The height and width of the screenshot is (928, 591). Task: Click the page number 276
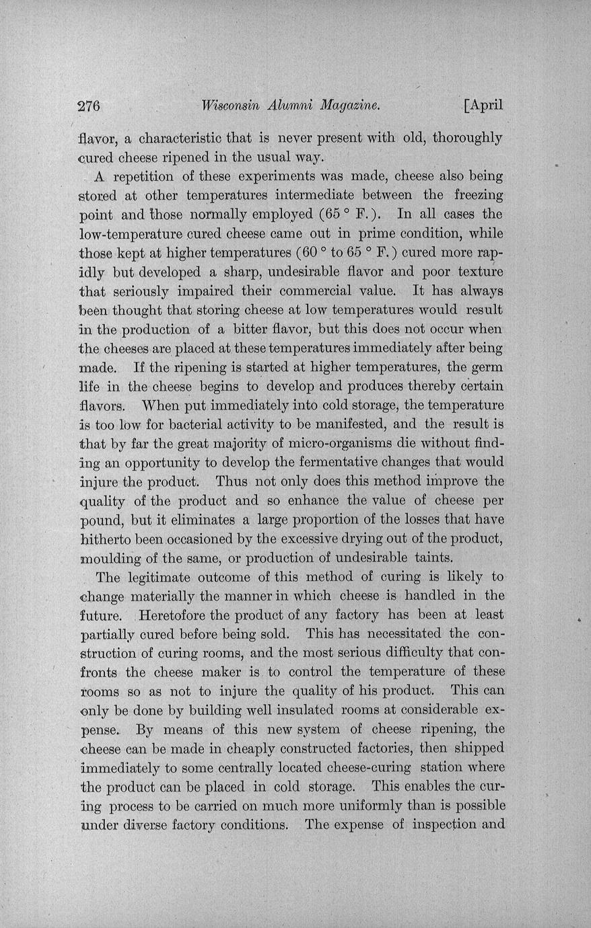(x=89, y=105)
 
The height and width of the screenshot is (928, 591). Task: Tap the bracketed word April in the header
(x=484, y=105)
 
